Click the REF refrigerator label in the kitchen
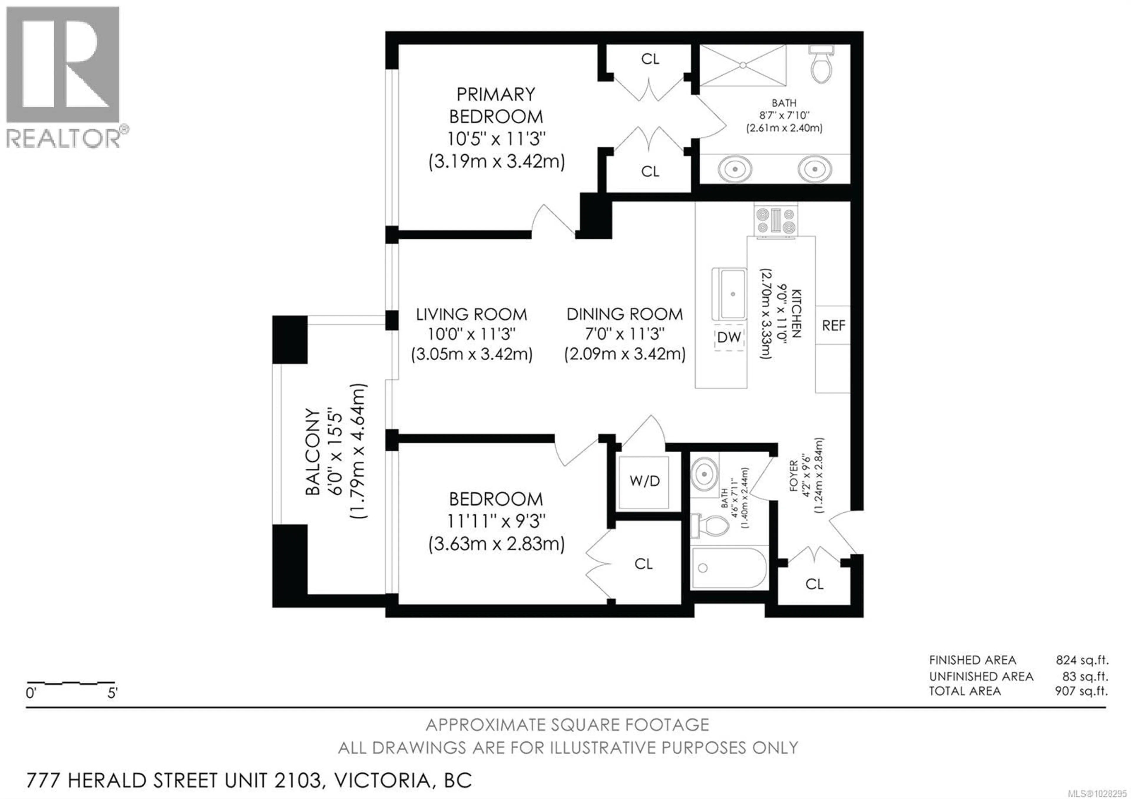833,326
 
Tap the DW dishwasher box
729,337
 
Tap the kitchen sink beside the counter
733,295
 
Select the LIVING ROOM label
472,314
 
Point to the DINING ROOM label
625,314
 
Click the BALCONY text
312,451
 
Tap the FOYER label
793,476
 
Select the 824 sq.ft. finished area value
1081,660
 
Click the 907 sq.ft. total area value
1081,691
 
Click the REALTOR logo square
62,64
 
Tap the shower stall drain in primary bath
743,65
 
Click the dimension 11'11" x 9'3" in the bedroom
496,521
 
